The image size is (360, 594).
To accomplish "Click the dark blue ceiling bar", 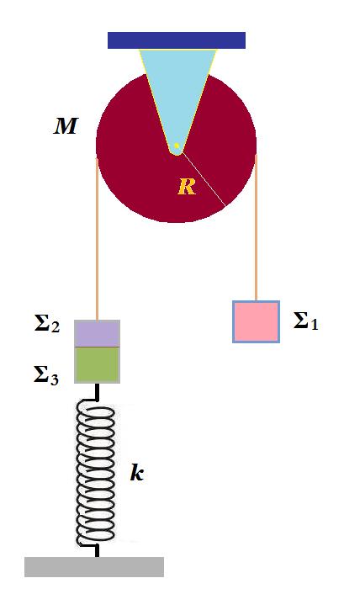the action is [x=177, y=40].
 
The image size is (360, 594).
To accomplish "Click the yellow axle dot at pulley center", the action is [x=177, y=146].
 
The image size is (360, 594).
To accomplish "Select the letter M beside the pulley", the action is [x=66, y=126].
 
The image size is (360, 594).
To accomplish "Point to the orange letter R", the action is [x=187, y=187].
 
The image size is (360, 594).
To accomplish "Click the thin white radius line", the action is [x=204, y=179].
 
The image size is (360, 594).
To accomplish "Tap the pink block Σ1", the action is [x=257, y=321].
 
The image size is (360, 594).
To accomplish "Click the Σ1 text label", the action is [x=306, y=322].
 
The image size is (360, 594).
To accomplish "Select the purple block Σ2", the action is [x=98, y=333].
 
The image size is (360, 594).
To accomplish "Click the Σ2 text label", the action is [x=47, y=325].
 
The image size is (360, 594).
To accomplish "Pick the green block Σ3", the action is [x=98, y=365].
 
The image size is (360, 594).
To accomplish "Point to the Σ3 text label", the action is [x=46, y=377].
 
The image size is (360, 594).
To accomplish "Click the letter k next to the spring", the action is [x=137, y=473].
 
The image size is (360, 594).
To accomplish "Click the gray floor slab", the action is [x=94, y=567].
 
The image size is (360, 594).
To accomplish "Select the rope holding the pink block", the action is [x=256, y=227].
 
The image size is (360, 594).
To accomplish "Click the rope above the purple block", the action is [x=98, y=240].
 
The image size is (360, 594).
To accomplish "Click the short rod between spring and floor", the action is [x=98, y=551].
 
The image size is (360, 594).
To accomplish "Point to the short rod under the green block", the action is [x=98, y=391].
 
